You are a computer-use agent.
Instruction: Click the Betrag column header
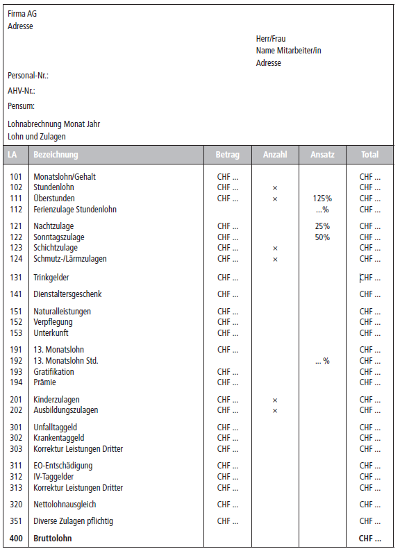tap(227, 155)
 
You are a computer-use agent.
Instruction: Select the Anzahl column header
tap(275, 155)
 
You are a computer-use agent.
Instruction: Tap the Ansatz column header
tap(322, 155)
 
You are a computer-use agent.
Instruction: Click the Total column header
tap(369, 155)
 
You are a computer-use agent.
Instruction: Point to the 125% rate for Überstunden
tap(322, 198)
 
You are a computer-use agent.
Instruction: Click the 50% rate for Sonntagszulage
tap(322, 237)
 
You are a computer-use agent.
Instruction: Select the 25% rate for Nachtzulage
tap(322, 226)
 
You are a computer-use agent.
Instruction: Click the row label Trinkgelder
tap(51, 278)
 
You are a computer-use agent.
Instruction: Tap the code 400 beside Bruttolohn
tap(16, 538)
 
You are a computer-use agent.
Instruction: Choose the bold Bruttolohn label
tap(53, 538)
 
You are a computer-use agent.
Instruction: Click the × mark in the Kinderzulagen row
tap(275, 400)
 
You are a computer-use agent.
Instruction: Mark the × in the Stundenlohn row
tap(275, 188)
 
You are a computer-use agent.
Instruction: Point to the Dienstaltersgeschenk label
tap(67, 294)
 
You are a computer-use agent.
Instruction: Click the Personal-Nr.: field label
tap(28, 75)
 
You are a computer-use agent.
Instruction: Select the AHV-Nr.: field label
tap(22, 91)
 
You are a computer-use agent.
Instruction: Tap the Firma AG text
tap(22, 14)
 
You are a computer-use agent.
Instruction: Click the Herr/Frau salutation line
tap(271, 39)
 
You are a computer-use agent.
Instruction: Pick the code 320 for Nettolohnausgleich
tap(16, 505)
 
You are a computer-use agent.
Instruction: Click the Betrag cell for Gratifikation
tap(228, 372)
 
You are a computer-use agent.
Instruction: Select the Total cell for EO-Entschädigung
tap(370, 466)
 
